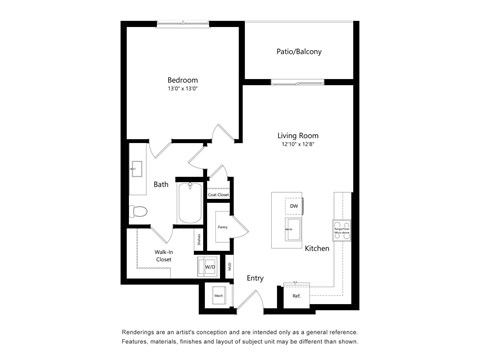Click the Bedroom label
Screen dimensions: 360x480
182,80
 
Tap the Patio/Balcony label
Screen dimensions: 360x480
299,52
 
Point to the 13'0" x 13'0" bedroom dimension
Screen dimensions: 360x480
182,90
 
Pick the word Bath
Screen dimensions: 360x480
161,185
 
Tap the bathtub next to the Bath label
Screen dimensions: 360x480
188,205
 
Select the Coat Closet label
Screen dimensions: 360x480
218,194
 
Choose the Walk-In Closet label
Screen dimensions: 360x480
163,256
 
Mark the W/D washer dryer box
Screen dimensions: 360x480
210,267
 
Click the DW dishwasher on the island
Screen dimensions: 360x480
294,206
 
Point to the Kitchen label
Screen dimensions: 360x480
317,248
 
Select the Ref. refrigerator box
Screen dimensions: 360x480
297,295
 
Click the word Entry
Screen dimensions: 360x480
255,278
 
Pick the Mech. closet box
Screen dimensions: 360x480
218,295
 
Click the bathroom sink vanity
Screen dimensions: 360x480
134,172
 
